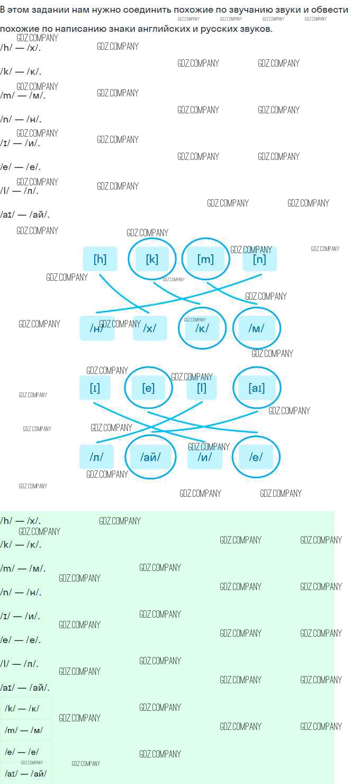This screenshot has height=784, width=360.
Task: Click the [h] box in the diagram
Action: [x=100, y=259]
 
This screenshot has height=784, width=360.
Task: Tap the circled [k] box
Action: [x=152, y=259]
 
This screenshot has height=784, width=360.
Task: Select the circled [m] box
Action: [x=205, y=259]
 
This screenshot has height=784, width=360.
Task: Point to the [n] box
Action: [x=259, y=259]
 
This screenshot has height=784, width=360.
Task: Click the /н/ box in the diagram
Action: [x=97, y=328]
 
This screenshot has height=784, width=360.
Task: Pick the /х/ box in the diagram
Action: [x=150, y=328]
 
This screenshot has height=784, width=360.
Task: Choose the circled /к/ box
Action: [x=202, y=328]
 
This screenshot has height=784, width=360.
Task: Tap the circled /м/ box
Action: [x=256, y=328]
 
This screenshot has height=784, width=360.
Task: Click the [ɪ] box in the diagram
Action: [x=95, y=388]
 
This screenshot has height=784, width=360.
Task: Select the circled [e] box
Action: [x=148, y=388]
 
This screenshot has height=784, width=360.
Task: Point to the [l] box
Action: [x=202, y=388]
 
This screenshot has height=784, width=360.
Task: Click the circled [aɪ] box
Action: [x=256, y=388]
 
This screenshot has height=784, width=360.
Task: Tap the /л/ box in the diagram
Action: [x=96, y=457]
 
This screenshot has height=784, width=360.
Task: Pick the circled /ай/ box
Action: [x=150, y=457]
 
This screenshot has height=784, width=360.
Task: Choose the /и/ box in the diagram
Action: [x=205, y=457]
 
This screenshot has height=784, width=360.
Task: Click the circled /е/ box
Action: [x=256, y=457]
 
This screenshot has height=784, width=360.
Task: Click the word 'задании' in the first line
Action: [x=50, y=10]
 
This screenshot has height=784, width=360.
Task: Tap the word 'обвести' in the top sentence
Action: [x=330, y=10]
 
